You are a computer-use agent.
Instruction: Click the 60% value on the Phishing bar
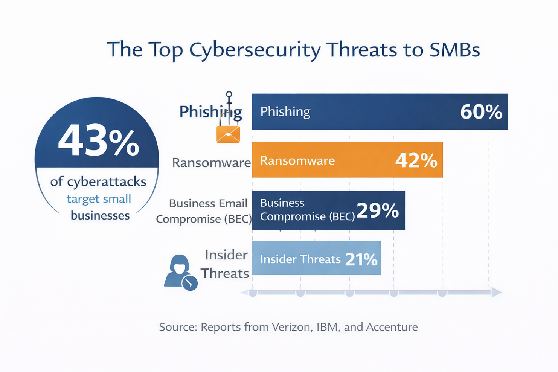[481, 112]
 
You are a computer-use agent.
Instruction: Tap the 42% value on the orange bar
[416, 160]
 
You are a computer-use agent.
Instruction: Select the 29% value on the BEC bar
[377, 210]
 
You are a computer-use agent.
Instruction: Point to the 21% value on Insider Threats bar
[361, 259]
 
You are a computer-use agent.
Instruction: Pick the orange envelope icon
[228, 134]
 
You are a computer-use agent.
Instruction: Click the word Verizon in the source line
[289, 327]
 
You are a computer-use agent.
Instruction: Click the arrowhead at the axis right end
[496, 292]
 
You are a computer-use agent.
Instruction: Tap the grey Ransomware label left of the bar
[211, 163]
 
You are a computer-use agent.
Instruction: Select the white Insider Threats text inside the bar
[300, 259]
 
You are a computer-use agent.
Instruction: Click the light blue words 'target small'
[99, 199]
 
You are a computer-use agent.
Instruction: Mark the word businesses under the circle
[100, 215]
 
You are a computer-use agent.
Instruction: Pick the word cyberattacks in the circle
[107, 182]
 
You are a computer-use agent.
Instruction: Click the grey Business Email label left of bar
[208, 203]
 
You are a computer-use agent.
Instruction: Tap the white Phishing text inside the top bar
[285, 111]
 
